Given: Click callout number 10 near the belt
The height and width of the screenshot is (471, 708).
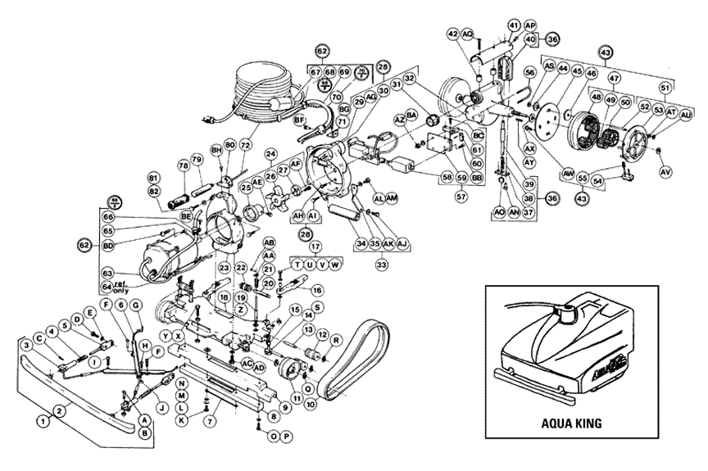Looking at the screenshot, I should click(x=312, y=405).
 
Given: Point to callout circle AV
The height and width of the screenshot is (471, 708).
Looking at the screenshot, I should click(x=665, y=173).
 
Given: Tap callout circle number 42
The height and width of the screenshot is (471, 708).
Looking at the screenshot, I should click(x=453, y=34).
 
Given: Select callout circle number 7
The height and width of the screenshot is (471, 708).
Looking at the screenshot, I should click(x=211, y=421).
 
